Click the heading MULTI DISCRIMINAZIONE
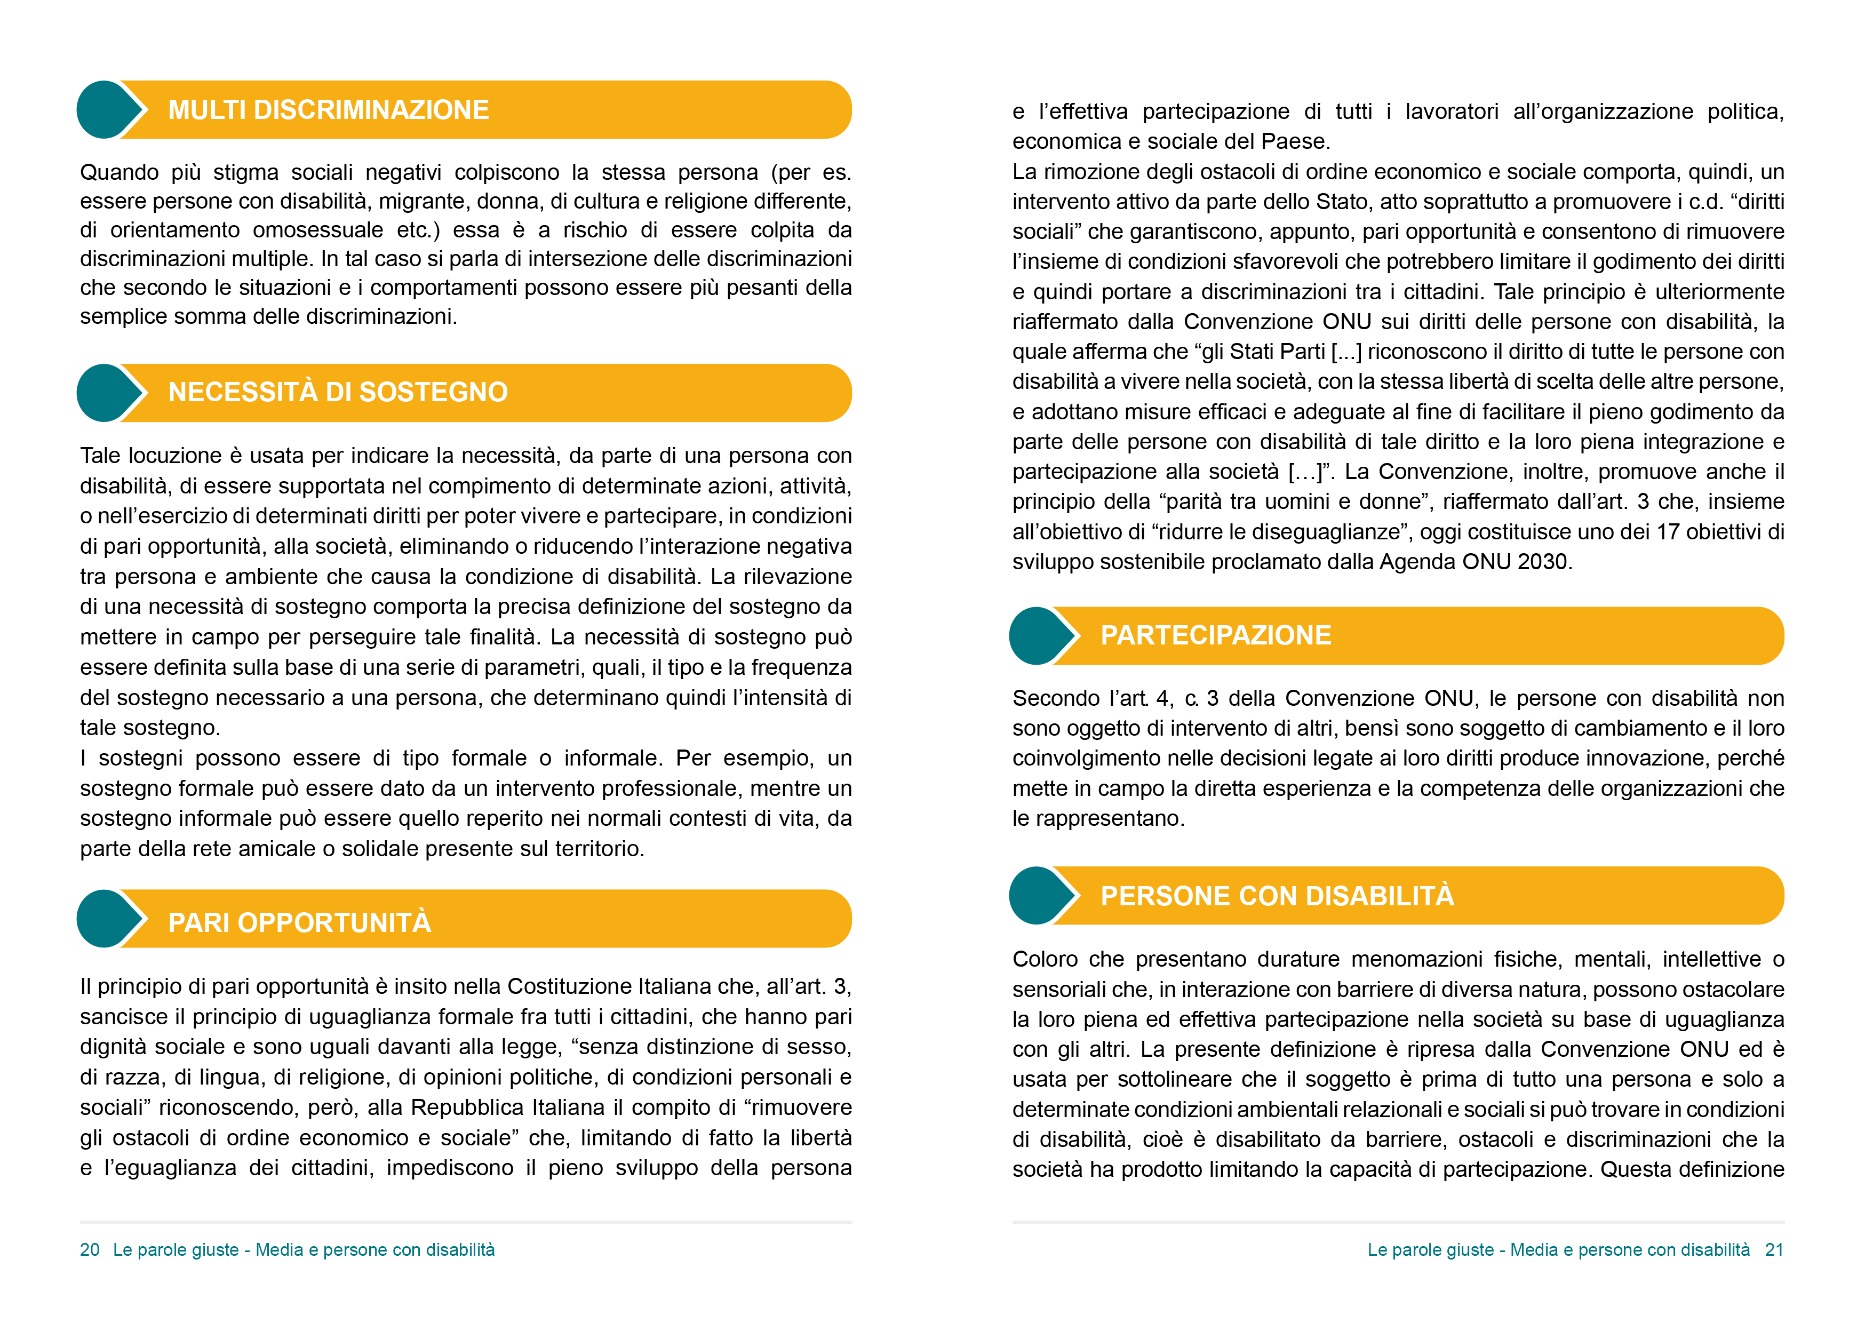pos(328,110)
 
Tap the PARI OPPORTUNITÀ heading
pos(299,922)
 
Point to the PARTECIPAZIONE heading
pos(1215,635)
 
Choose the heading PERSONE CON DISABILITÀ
pos(1276,896)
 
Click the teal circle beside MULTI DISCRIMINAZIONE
pos(103,110)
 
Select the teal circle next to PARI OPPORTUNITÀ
pos(103,919)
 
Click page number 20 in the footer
pos(90,1250)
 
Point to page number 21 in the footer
pos(1774,1250)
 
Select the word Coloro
pos(1044,960)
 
